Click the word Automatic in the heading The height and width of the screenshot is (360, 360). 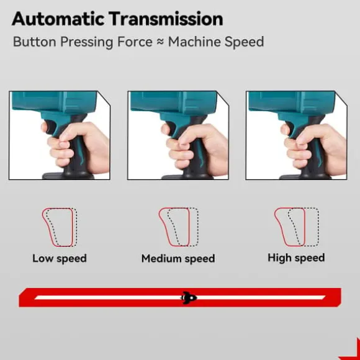click(58, 19)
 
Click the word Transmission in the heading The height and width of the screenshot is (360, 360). click(166, 19)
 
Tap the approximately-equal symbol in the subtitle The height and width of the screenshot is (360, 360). click(160, 42)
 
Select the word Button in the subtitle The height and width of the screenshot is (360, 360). click(35, 42)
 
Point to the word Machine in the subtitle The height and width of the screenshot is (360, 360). click(194, 42)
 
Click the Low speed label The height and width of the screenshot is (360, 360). click(60, 259)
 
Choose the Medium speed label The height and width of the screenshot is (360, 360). click(178, 259)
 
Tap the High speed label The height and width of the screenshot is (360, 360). click(296, 258)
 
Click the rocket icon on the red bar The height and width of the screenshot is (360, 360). click(189, 298)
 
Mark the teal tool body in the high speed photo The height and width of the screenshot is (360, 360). click(292, 102)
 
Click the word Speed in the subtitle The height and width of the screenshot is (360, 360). click(244, 42)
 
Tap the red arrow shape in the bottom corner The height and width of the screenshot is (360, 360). click(354, 351)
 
